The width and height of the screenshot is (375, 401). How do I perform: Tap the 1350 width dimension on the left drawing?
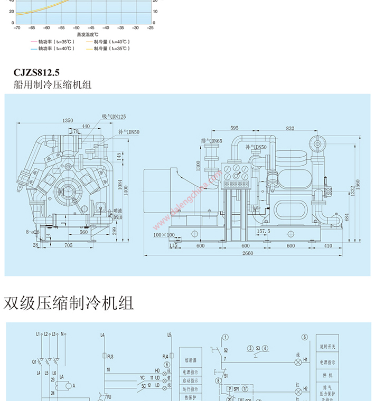68,121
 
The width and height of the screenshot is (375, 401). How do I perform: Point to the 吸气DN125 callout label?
114,116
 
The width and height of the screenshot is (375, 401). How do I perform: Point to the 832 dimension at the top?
290,128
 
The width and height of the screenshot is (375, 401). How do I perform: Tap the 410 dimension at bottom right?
328,245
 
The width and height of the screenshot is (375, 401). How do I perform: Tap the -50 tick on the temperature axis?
76,27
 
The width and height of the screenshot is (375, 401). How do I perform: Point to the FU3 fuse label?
110,357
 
